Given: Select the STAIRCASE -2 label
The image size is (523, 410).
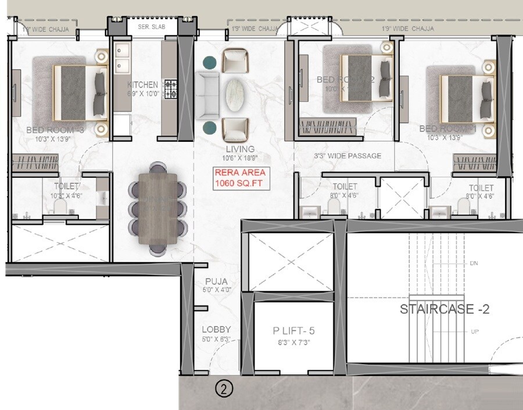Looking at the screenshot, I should point(444,309).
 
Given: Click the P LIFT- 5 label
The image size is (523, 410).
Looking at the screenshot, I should point(293,331).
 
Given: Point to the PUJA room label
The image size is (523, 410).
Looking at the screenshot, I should point(213,280).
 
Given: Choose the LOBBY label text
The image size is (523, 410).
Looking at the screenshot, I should point(216,329).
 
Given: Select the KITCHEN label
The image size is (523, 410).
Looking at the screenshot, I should point(142,85).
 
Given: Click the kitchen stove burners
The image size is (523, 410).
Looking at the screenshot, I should point(170,89).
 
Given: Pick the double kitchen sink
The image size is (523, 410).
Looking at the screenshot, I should point(122,58).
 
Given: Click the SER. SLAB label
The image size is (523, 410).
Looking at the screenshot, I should point(149,27).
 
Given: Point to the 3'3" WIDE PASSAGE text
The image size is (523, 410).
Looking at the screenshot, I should point(348,156).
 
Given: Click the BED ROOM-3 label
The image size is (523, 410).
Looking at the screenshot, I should point(55,130).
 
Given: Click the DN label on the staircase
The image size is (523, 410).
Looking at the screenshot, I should point(473,263).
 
